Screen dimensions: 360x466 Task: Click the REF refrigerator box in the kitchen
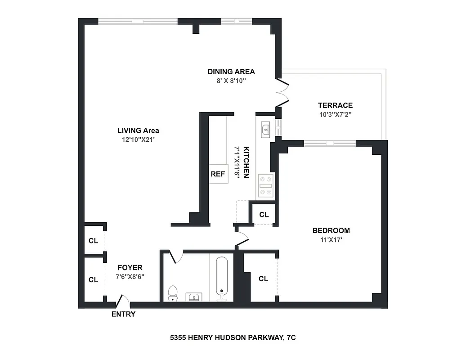[218, 174]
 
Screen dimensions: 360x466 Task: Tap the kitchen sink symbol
[265, 130]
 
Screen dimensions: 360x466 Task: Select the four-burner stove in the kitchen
[265, 185]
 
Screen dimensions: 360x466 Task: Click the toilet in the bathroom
[172, 293]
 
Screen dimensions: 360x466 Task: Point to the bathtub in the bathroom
[221, 278]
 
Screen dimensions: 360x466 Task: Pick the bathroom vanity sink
[194, 297]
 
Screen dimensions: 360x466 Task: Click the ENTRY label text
[123, 314]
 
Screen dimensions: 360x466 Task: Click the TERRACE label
[335, 105]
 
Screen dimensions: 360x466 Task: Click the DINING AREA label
[231, 72]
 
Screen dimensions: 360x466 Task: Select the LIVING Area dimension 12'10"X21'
[138, 139]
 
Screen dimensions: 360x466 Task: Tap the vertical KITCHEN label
[246, 162]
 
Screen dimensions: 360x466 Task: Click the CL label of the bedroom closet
[264, 279]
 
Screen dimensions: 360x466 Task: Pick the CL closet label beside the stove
[264, 215]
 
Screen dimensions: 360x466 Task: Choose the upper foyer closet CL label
[93, 241]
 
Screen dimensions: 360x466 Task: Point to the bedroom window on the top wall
[330, 143]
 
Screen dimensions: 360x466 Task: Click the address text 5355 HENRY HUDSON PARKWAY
[233, 337]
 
